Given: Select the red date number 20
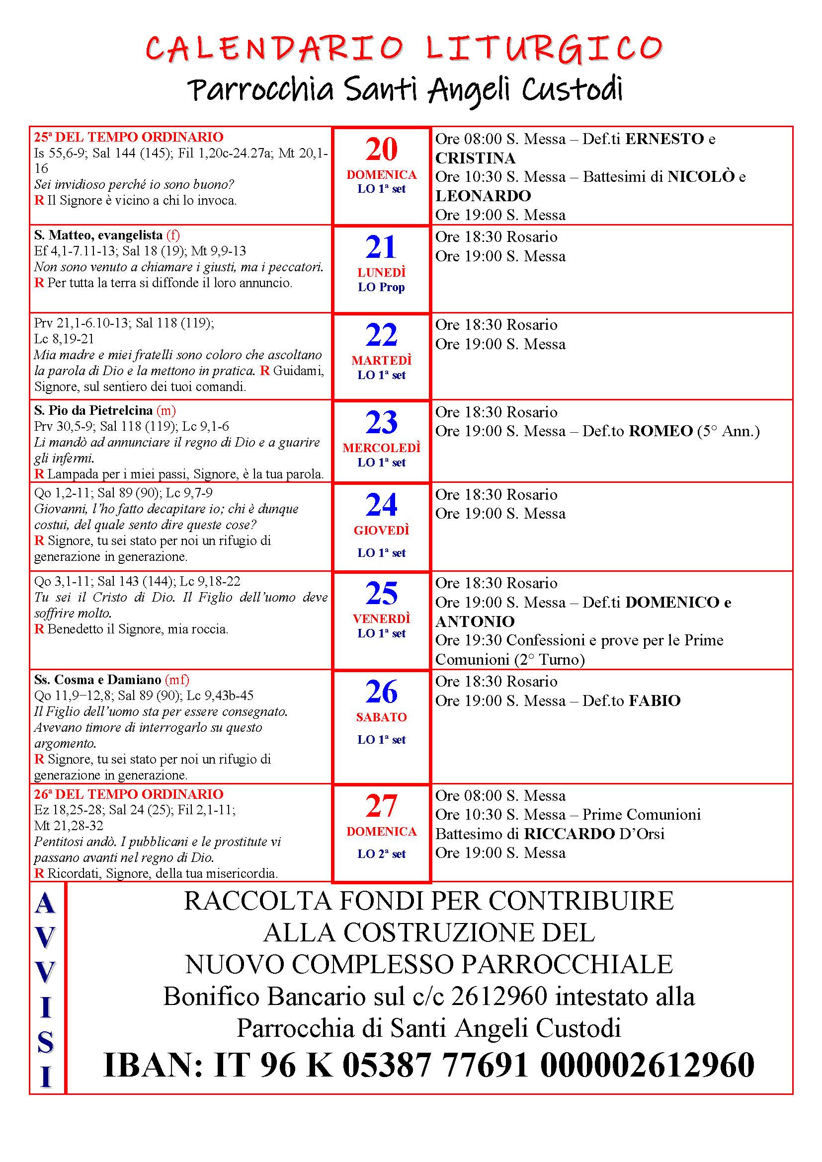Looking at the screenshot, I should pos(382,150).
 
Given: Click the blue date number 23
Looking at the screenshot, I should pos(382,423).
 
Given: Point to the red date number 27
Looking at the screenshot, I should pos(382,806).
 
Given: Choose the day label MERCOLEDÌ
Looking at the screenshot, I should pos(382,448).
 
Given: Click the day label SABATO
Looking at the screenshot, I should pos(382,717).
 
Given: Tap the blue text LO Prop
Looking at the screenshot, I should pos(382,288).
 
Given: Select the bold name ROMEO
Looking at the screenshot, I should pos(660,431).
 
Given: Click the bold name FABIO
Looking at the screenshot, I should pos(655,701).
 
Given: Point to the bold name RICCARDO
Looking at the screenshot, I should pos(570,834).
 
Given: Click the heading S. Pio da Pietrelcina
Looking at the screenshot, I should pos(93,410).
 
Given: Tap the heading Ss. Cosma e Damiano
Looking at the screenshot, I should pos(98,679).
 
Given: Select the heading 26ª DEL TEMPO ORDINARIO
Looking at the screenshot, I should pos(129,794).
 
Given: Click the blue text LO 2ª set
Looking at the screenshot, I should pos(382,854).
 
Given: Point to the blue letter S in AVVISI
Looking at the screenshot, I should pos(46,1042).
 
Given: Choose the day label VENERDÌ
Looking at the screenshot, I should pos(382,619).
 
